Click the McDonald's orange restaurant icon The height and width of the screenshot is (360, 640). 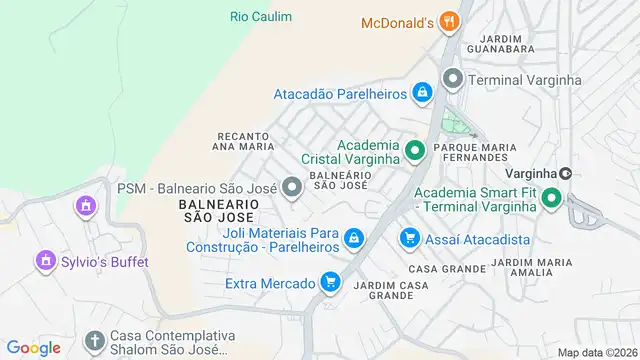449,22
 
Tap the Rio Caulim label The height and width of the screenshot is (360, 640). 261,17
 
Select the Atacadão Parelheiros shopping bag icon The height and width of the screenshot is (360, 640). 423,93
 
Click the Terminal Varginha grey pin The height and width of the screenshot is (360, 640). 452,78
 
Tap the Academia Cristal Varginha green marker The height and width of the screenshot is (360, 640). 414,152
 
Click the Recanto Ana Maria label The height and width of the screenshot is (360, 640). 243,141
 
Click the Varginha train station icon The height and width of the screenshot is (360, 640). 565,173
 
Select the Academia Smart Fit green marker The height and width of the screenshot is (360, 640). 550,199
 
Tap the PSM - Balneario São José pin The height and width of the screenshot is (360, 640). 292,187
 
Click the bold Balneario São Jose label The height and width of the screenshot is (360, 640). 219,210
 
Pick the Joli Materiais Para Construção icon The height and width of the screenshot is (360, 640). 352,239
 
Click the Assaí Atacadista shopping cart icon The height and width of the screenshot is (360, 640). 409,238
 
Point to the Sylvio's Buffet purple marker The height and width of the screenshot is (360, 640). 44,262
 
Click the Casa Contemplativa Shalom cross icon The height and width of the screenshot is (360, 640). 94,340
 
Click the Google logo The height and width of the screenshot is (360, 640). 34,347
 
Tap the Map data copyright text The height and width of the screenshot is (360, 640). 597,352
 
